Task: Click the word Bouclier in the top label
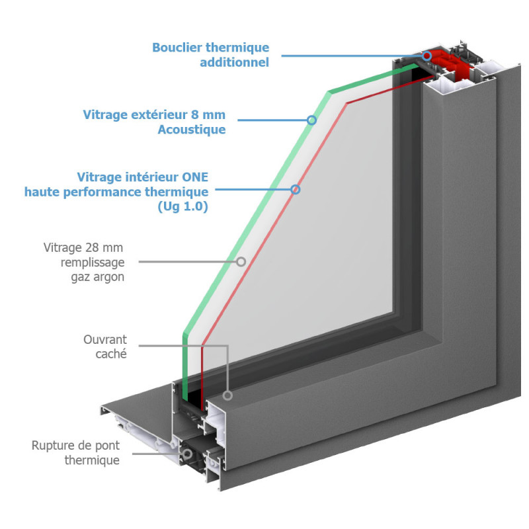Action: coord(177,47)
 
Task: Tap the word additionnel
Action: coord(235,62)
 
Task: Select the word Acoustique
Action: coord(192,130)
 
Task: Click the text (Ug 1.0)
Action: coord(183,206)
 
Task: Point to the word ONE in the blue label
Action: coord(195,177)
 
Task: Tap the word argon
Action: coord(109,278)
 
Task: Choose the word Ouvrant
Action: coord(105,339)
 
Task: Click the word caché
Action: coord(111,354)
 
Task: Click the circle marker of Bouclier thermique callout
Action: coord(427,56)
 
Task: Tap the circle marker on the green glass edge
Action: coord(311,120)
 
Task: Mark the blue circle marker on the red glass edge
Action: coord(296,190)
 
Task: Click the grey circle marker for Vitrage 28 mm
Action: coord(241,261)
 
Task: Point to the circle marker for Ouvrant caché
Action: coord(227,395)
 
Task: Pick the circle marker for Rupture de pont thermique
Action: coord(187,454)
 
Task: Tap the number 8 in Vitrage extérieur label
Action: coord(194,114)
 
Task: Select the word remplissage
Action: coord(93,263)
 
